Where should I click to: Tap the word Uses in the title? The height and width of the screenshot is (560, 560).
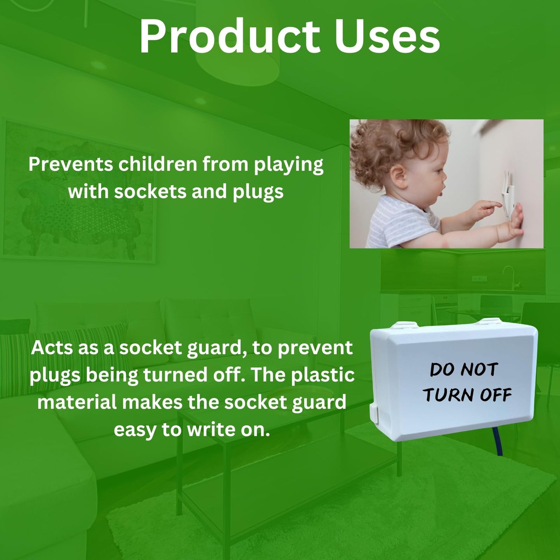(x=387, y=37)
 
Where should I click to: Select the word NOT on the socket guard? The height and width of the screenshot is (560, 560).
(x=479, y=370)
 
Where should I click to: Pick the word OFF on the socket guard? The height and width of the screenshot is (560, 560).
(x=496, y=395)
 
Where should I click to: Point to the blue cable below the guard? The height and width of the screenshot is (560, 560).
(x=498, y=443)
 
